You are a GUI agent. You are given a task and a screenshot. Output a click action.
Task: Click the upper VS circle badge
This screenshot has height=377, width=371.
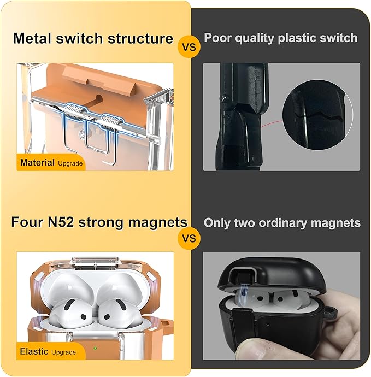tap(189, 46)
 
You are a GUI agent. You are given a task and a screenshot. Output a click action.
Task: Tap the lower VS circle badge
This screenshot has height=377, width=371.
tap(189, 238)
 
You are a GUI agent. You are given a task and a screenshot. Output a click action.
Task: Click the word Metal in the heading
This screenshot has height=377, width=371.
tap(32, 38)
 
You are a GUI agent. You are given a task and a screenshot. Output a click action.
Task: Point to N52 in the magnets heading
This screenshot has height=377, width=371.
tap(60, 222)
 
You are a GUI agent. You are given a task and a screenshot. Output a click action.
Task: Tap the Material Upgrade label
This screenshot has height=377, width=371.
tap(51, 163)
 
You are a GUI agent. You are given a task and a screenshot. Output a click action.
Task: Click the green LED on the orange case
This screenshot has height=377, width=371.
tap(95, 348)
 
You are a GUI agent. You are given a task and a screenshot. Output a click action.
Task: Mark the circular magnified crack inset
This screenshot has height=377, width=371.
tap(317, 115)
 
